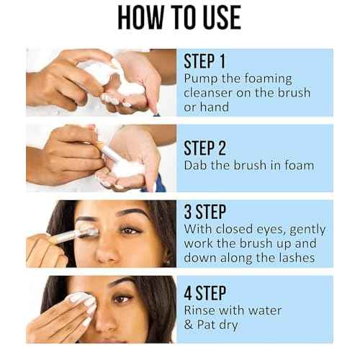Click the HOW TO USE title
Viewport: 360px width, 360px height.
point(179,19)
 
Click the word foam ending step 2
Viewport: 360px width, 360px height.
point(297,166)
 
